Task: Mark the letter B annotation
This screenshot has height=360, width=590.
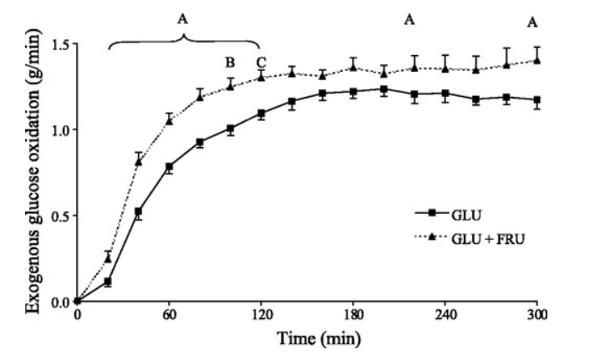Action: point(230,62)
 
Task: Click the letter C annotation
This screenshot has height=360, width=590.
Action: point(261,62)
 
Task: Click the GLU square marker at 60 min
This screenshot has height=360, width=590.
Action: point(170,167)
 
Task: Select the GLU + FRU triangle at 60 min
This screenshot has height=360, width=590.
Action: point(170,119)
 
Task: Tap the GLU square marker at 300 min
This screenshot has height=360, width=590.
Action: point(537,100)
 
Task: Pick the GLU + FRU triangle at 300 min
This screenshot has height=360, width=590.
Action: point(537,59)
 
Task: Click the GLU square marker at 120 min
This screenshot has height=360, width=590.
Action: point(262,114)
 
